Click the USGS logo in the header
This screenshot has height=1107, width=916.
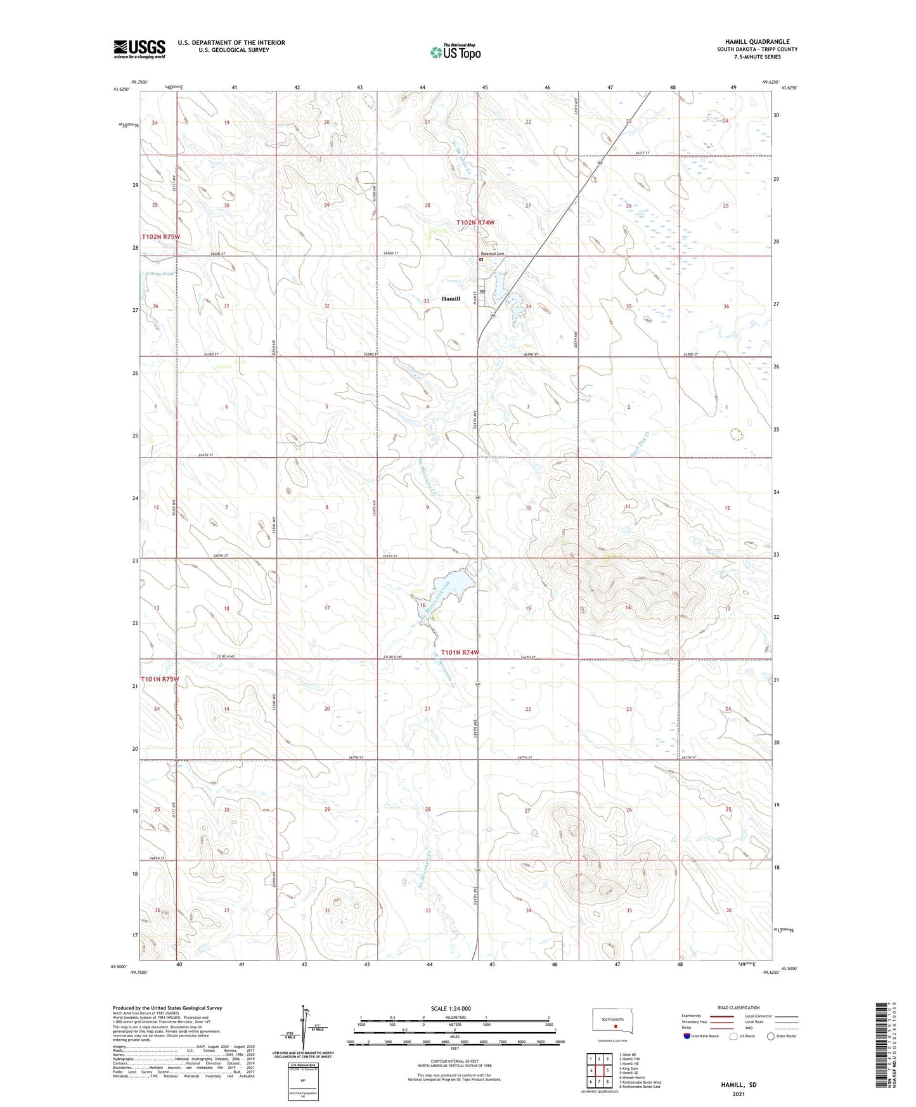139,49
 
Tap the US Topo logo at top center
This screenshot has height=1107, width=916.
455,52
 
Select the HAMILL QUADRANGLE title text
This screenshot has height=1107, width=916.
758,42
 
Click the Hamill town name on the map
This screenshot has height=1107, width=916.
451,299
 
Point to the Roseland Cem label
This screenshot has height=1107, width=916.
492,254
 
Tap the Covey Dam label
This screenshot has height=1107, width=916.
159,274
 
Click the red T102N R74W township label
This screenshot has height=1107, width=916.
475,223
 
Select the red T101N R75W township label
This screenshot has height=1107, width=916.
160,679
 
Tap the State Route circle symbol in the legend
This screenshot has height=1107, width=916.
771,1036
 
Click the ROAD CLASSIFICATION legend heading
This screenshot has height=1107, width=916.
739,1007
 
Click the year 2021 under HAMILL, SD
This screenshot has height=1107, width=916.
739,1094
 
